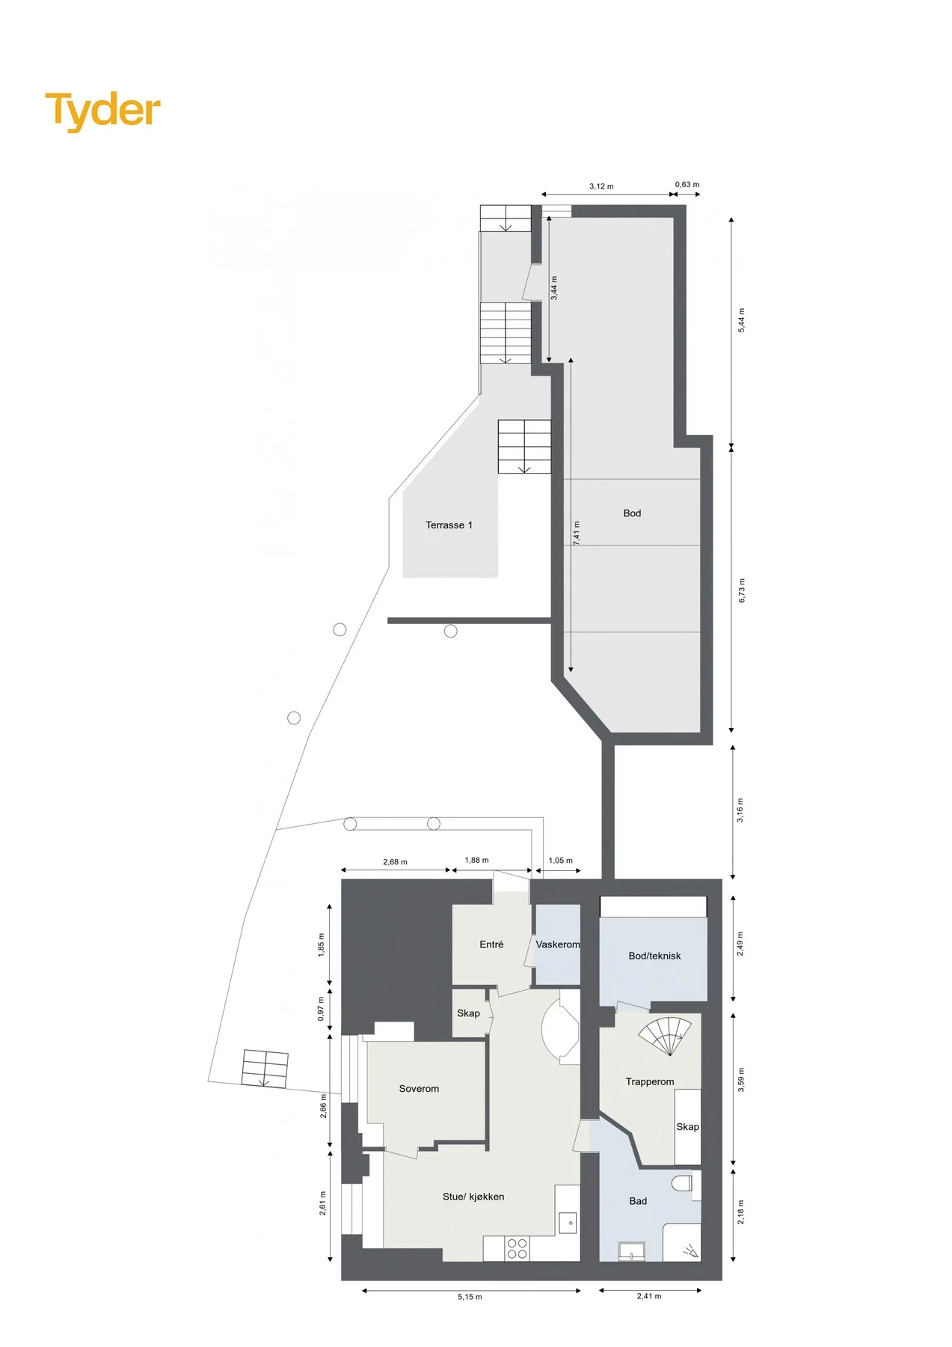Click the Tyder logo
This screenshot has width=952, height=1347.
pyautogui.click(x=102, y=111)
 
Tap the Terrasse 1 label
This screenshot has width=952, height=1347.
pyautogui.click(x=449, y=525)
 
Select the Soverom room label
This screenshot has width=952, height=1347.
pyautogui.click(x=419, y=1089)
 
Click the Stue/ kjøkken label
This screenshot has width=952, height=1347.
pyautogui.click(x=473, y=1197)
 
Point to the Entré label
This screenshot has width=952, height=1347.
pyautogui.click(x=491, y=944)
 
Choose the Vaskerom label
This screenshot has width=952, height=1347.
pyautogui.click(x=558, y=944)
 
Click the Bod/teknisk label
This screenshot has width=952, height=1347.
pyautogui.click(x=654, y=956)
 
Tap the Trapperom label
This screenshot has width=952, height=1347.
pyautogui.click(x=650, y=1081)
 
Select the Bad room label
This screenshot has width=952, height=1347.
pyautogui.click(x=638, y=1201)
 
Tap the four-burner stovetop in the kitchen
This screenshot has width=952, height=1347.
pyautogui.click(x=518, y=1248)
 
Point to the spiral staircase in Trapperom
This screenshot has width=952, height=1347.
pyautogui.click(x=666, y=1034)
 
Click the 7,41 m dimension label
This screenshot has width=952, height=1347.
pyautogui.click(x=577, y=533)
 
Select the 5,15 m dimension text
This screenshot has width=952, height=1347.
pyautogui.click(x=470, y=1297)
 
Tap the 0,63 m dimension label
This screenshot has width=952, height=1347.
pyautogui.click(x=687, y=184)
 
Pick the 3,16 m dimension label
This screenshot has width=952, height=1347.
pyautogui.click(x=740, y=810)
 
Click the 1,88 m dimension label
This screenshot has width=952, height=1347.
pyautogui.click(x=476, y=860)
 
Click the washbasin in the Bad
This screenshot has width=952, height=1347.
pyautogui.click(x=632, y=1251)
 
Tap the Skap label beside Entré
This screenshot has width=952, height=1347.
pyautogui.click(x=468, y=1013)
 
